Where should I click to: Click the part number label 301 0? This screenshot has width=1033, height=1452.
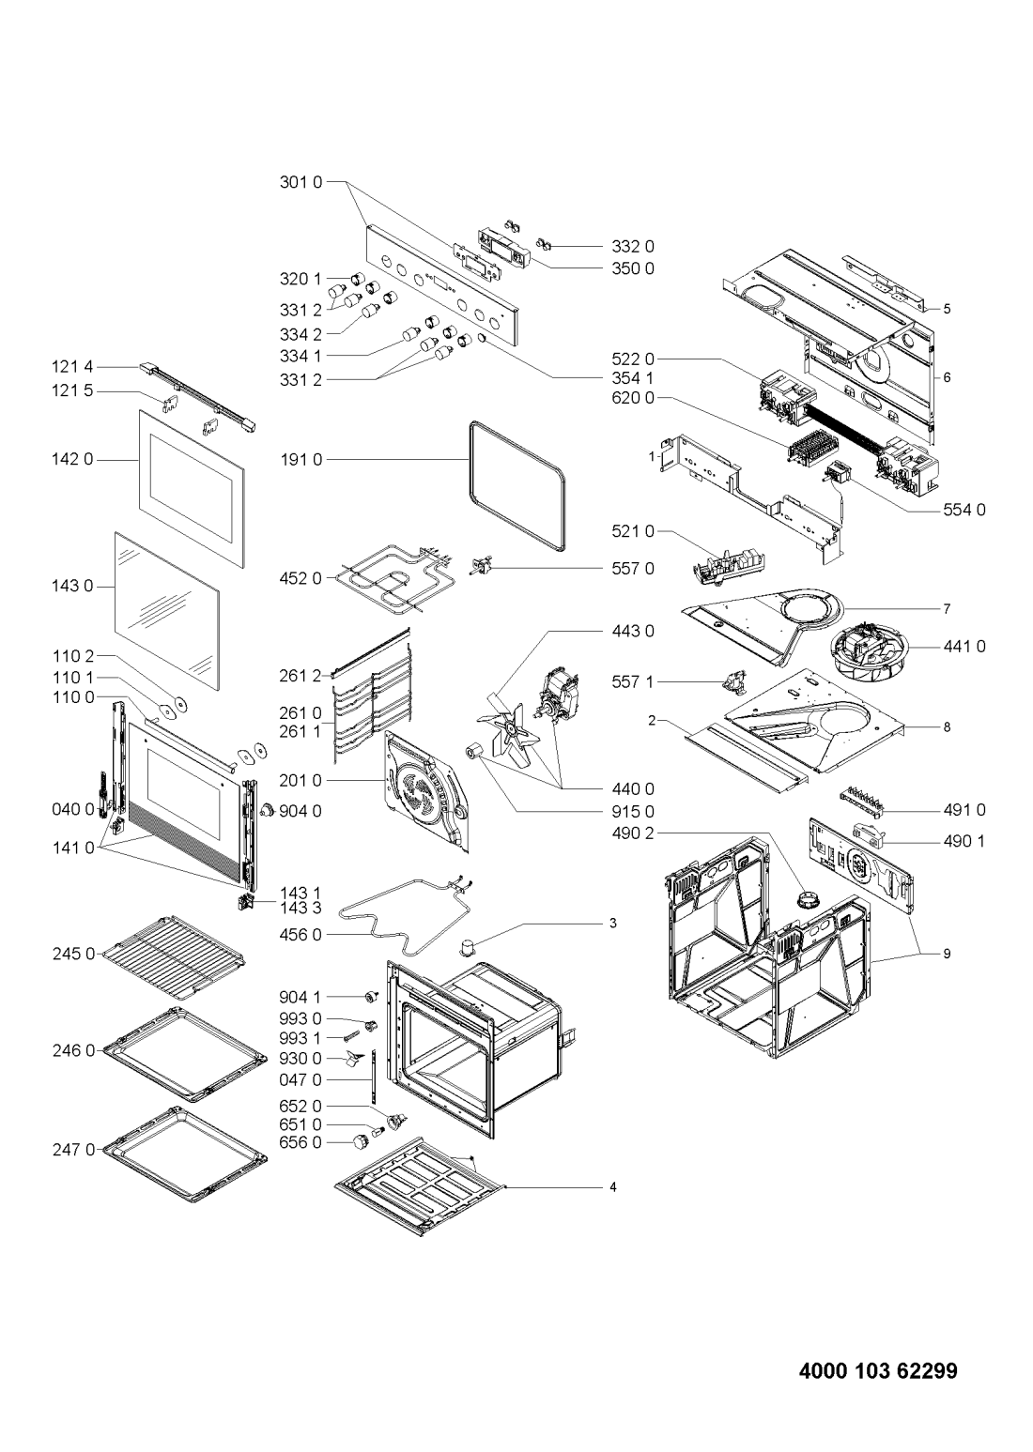click(301, 182)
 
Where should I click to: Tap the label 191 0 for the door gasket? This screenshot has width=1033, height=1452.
click(301, 460)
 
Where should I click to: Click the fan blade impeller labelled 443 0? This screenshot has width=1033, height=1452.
click(510, 729)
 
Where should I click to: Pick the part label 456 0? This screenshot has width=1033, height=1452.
click(301, 935)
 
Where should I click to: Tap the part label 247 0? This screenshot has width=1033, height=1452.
click(74, 1149)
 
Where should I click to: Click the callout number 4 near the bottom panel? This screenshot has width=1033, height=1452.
click(613, 1187)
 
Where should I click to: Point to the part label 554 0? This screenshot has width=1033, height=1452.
click(964, 511)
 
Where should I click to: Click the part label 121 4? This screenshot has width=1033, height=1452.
click(72, 368)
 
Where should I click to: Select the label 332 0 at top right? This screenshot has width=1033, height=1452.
click(633, 247)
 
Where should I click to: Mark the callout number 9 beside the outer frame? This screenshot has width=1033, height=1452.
click(947, 954)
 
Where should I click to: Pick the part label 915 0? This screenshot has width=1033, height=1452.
click(633, 812)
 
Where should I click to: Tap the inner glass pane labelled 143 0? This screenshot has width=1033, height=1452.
click(167, 611)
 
